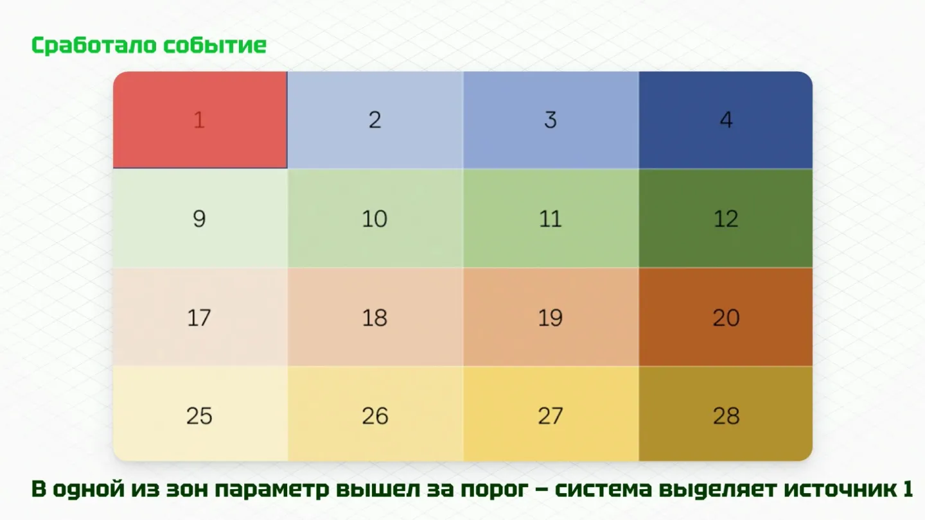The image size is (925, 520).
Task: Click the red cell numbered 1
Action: point(200,120)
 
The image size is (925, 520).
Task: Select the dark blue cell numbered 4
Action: point(726,120)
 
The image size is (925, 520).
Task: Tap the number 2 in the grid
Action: point(375,120)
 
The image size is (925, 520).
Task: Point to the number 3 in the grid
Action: point(551,120)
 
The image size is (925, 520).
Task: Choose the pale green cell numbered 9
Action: point(200,218)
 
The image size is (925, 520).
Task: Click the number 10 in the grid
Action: point(374,219)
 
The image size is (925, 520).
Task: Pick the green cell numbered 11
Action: point(551,218)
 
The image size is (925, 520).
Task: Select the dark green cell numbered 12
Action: point(726,218)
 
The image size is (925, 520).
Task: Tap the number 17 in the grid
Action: point(199,318)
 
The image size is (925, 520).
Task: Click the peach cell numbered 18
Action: point(375,317)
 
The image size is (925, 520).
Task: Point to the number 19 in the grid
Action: point(551,318)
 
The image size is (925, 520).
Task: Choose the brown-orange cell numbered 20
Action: point(726,317)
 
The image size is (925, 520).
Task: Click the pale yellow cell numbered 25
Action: point(200,413)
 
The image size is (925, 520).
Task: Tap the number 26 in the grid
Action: point(375,416)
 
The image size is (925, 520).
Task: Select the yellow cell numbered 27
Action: point(551,413)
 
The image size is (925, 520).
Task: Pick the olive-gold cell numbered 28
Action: point(726,413)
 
